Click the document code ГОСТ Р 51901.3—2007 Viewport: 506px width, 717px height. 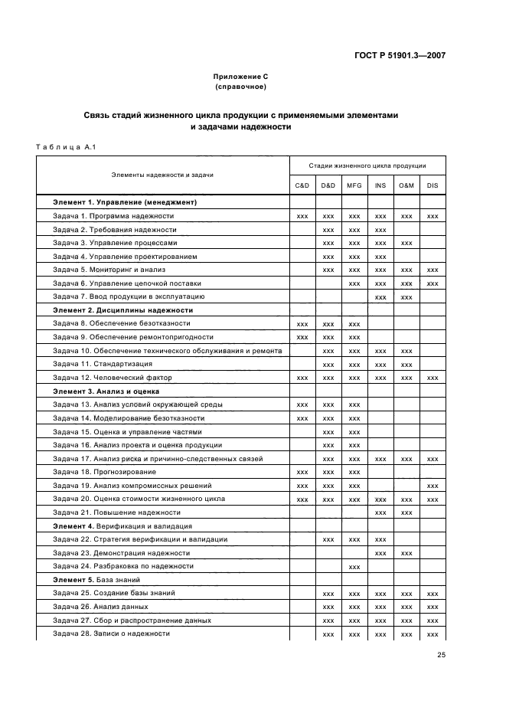pos(400,55)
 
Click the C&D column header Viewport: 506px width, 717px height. pos(302,185)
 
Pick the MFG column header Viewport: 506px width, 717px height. pos(354,185)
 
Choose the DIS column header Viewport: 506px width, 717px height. pos(433,185)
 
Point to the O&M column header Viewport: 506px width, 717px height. pos(406,185)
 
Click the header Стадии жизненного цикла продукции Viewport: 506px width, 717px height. pos(367,165)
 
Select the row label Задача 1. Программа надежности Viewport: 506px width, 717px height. pos(113,216)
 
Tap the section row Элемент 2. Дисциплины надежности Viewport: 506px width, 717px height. pos(122,310)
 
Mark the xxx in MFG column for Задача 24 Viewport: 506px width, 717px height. pos(354,566)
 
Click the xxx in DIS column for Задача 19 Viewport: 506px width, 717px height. pos(433,486)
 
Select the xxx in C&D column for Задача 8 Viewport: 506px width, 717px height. pos(302,324)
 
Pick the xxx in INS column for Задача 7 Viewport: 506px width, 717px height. pos(380,296)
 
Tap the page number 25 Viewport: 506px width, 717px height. pos(441,654)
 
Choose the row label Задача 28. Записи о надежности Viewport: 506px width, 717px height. pos(111,634)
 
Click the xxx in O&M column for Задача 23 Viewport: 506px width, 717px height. pos(406,552)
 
